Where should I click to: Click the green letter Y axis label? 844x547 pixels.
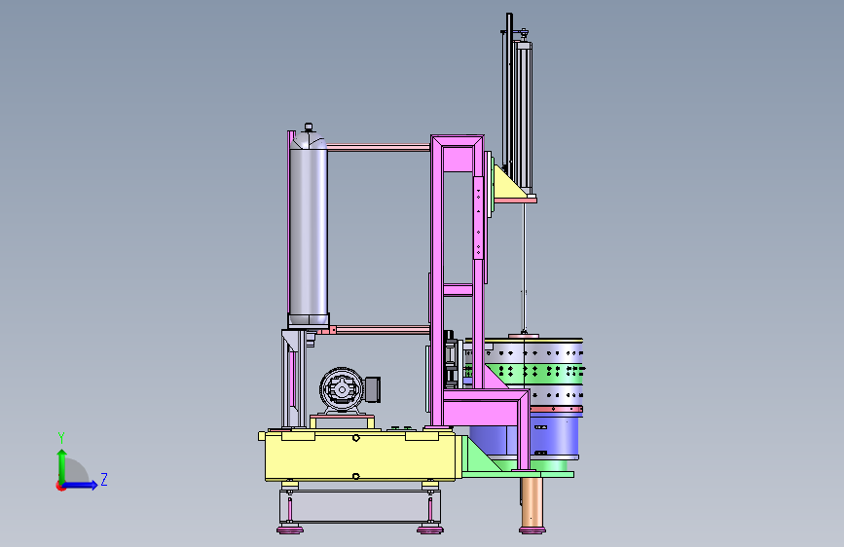(61, 437)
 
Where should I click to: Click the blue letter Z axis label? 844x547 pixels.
(104, 479)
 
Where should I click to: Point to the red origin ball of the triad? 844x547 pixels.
(60, 486)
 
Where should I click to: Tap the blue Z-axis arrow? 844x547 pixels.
(80, 485)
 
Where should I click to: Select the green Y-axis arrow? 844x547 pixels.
(62, 467)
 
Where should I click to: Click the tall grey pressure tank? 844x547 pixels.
(309, 229)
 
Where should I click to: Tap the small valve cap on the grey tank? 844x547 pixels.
(309, 128)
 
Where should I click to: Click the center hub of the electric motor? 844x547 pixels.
(342, 389)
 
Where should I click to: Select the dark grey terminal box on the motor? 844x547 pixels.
(373, 389)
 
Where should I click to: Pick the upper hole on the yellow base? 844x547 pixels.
(355, 438)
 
